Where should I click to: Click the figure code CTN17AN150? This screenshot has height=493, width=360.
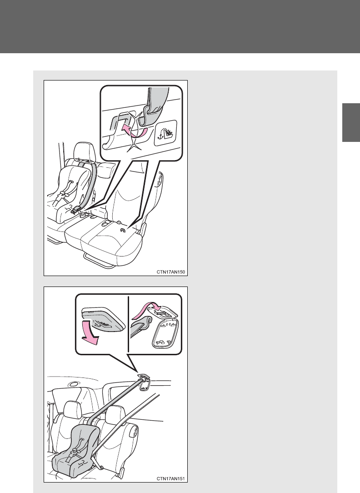(170, 272)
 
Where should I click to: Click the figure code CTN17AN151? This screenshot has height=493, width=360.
(170, 479)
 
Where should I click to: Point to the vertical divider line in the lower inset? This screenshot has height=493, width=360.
(129, 323)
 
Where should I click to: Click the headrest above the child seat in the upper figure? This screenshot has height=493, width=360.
(84, 151)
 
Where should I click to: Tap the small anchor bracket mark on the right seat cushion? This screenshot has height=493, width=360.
(123, 231)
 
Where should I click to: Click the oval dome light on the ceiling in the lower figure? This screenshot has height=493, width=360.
(75, 384)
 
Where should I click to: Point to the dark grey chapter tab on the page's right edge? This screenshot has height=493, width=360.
(351, 122)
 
